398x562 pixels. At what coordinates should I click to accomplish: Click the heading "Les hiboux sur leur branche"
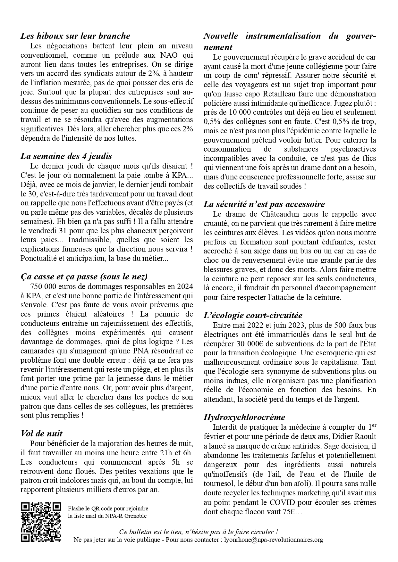75,36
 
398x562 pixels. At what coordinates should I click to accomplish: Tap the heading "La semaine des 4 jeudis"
66,156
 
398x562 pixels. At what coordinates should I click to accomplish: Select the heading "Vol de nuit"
41,434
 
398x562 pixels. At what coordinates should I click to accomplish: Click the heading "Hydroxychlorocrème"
244,417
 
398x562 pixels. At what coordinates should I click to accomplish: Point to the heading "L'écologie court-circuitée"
253,315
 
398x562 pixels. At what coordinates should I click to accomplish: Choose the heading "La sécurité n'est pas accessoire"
264,204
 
